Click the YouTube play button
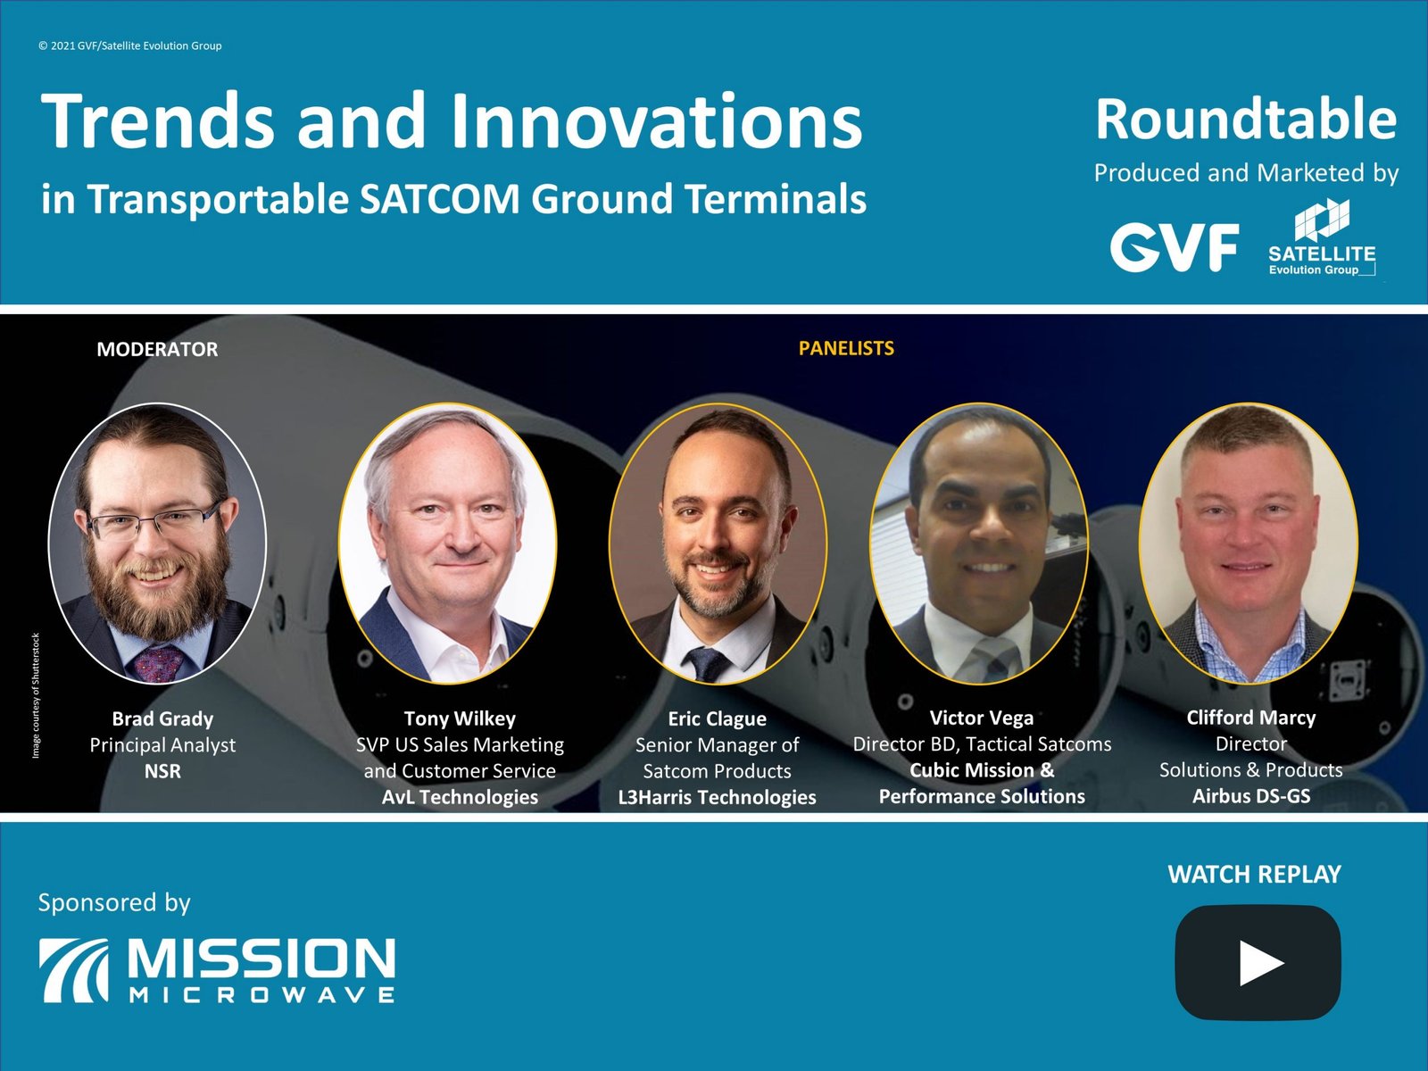pos(1258,962)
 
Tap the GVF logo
pos(1174,247)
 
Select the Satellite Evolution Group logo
pos(1322,237)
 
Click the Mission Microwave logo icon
pos(73,970)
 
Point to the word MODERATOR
pos(157,349)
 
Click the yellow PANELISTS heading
pos(846,349)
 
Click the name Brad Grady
pos(162,718)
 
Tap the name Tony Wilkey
pos(460,718)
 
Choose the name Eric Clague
pos(717,718)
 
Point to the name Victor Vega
pos(981,718)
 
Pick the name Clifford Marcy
pos(1250,718)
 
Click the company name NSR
pos(162,771)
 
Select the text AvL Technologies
pos(460,797)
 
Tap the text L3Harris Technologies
pos(717,797)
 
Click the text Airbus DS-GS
pos(1251,796)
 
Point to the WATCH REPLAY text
pos(1254,875)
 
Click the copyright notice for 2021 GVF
pos(130,46)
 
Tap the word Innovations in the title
pos(656,121)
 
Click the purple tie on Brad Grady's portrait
pos(159,663)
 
